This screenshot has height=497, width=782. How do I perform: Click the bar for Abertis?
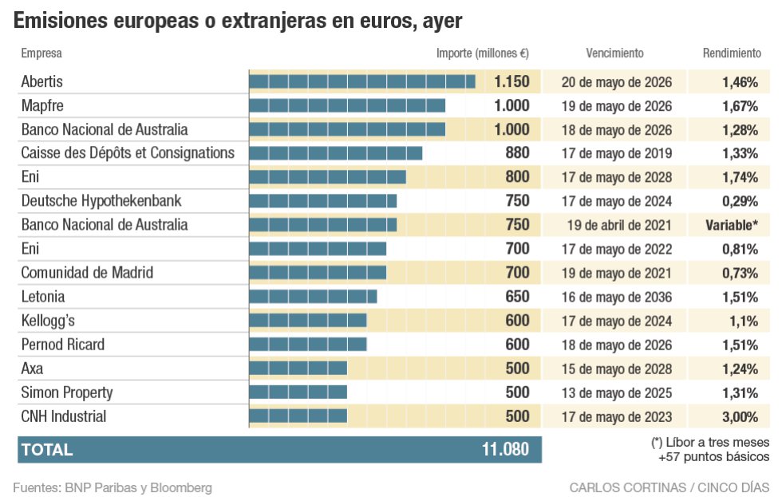(x=362, y=81)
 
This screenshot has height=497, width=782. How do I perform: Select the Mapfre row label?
(x=42, y=105)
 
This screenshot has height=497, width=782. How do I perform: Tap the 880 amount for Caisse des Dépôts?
(x=517, y=153)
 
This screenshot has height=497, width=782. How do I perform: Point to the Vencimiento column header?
(x=614, y=53)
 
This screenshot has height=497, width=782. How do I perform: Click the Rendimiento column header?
(x=732, y=53)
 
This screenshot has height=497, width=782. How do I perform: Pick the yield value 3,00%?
(x=740, y=416)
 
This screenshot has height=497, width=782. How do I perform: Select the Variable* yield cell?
(x=732, y=225)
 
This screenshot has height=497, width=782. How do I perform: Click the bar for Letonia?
(x=313, y=297)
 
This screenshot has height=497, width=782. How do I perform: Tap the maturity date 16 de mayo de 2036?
(x=616, y=297)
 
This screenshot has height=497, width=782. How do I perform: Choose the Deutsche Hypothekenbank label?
(x=101, y=201)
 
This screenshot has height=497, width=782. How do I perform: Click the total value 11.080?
(x=505, y=449)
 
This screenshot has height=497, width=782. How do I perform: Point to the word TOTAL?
(x=47, y=449)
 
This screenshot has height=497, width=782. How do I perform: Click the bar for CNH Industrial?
(x=298, y=416)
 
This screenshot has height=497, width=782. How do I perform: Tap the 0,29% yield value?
(x=740, y=201)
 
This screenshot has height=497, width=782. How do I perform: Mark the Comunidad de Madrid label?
(x=87, y=273)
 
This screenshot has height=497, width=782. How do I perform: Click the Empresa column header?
(x=41, y=53)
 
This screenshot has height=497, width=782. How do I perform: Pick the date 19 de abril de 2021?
(x=616, y=225)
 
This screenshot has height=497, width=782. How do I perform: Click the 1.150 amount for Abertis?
(x=511, y=81)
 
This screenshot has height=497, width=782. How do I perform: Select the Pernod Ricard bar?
(x=308, y=345)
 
